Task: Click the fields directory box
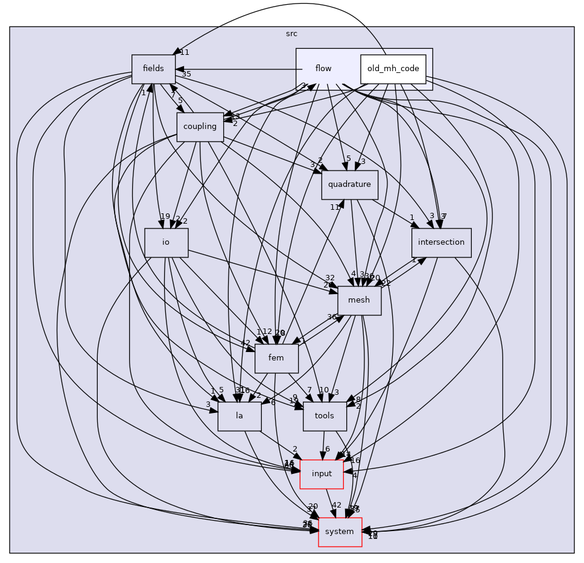153,69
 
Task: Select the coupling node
200,127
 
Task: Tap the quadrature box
349,184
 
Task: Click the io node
166,242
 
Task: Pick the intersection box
441,242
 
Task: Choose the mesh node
359,300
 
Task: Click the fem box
276,358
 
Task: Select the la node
239,416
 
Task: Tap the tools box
325,416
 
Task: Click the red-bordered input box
322,474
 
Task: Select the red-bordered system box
340,532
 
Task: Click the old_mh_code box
393,69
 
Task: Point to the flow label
323,69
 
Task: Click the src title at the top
291,34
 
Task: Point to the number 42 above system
337,505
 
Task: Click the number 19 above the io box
165,216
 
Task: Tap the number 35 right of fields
186,74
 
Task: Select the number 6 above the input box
327,448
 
